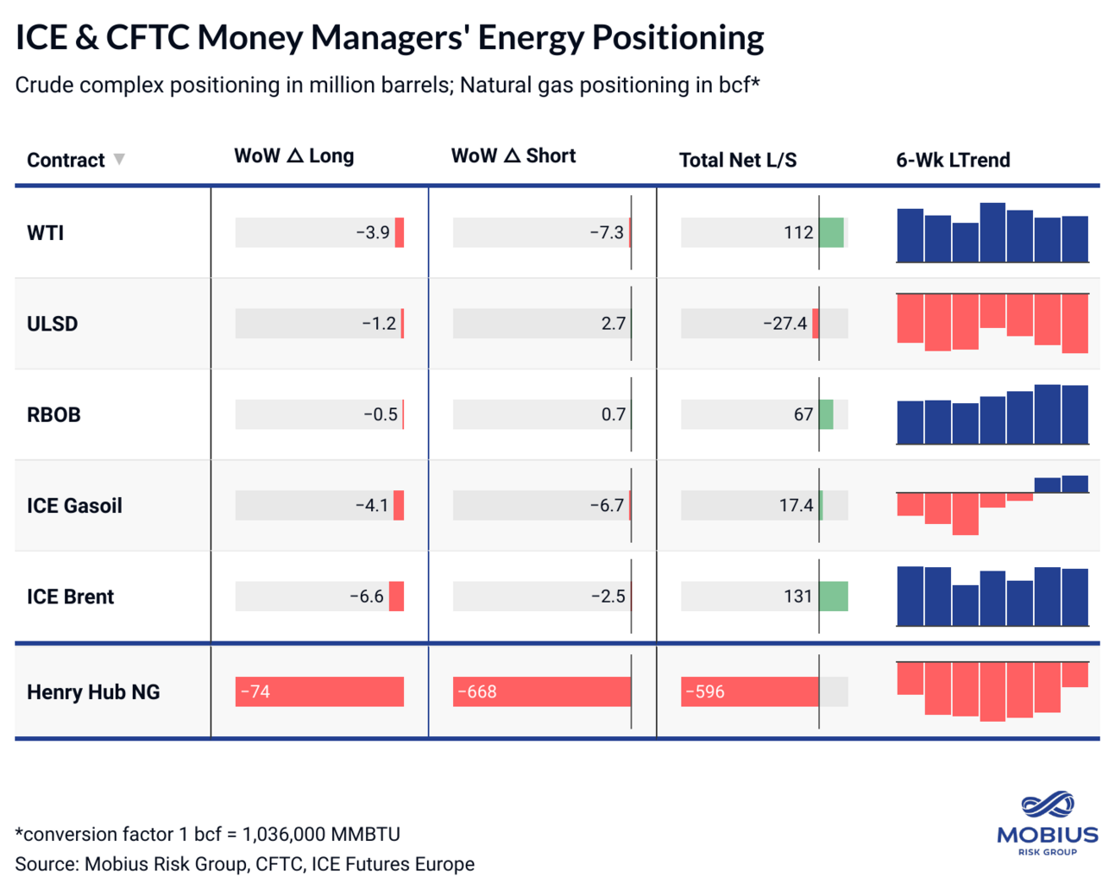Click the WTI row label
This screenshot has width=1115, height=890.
pyautogui.click(x=45, y=233)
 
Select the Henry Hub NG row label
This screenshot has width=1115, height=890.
pyautogui.click(x=93, y=692)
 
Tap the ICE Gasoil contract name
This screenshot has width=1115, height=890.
pyautogui.click(x=74, y=506)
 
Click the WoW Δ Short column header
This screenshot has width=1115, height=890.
pyautogui.click(x=513, y=156)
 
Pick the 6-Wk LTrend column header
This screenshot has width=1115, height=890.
pyautogui.click(x=953, y=160)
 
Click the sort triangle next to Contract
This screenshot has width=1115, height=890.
pyautogui.click(x=119, y=159)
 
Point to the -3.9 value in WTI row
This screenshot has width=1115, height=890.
pyautogui.click(x=373, y=233)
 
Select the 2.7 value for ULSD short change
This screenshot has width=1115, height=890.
pyautogui.click(x=613, y=324)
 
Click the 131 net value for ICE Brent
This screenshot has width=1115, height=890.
pyautogui.click(x=797, y=596)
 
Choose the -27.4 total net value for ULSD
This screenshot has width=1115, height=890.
pyautogui.click(x=784, y=324)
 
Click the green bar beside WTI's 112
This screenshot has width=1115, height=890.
pyautogui.click(x=831, y=233)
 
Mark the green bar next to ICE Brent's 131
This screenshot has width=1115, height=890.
pyautogui.click(x=834, y=596)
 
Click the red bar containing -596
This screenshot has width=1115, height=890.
pyautogui.click(x=749, y=692)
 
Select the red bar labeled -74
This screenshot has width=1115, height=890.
pyautogui.click(x=319, y=692)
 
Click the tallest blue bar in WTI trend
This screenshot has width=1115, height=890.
pyautogui.click(x=992, y=232)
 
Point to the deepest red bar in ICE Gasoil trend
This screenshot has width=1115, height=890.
pyautogui.click(x=965, y=514)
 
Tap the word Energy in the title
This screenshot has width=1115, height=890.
pyautogui.click(x=529, y=37)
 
